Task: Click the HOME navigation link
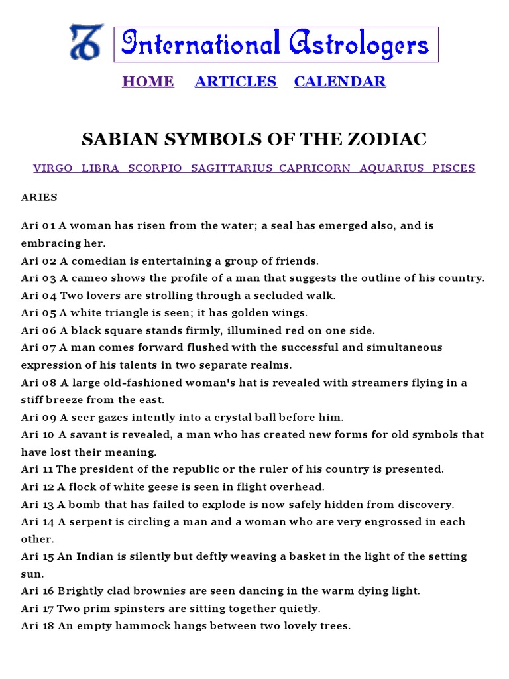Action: [148, 82]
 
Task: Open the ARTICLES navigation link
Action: [235, 82]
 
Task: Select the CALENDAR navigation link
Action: [339, 82]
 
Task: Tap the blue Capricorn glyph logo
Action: [86, 42]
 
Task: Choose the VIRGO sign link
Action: [53, 168]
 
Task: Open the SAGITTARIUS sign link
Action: [231, 168]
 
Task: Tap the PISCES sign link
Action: [454, 168]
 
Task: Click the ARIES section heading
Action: [39, 198]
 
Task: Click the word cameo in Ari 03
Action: [85, 278]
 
